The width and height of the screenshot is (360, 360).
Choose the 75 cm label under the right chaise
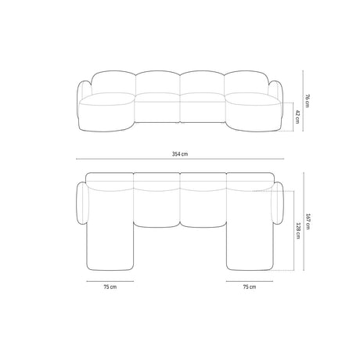249,287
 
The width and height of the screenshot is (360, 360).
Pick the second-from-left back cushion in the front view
157,85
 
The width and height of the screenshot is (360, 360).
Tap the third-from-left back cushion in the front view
203,85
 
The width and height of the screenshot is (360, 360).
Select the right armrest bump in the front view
275,90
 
